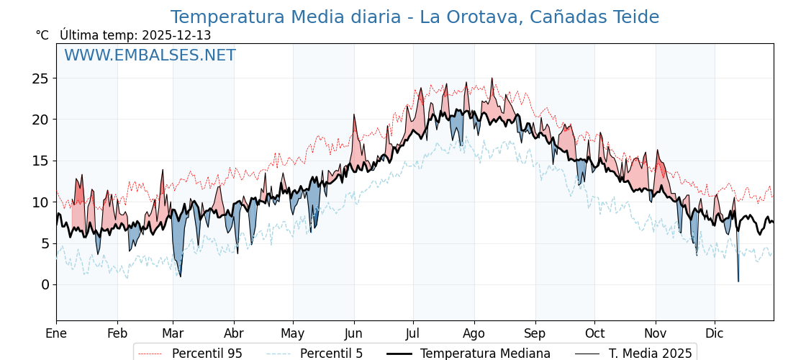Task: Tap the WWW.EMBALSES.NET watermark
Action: click(150, 55)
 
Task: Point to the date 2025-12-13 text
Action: click(176, 35)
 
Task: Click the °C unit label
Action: click(42, 35)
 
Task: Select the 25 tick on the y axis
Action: click(40, 78)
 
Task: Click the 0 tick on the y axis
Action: click(45, 284)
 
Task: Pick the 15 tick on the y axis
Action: click(40, 161)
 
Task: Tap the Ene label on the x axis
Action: click(56, 333)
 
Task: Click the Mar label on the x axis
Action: click(173, 333)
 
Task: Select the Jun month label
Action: click(353, 333)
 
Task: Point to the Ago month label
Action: click(474, 333)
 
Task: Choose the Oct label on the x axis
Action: click(594, 333)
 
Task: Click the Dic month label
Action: click(715, 333)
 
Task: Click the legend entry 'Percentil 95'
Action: click(207, 354)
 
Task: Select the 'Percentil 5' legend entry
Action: click(331, 354)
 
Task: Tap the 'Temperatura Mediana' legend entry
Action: click(485, 354)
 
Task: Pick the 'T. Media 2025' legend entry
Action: click(650, 354)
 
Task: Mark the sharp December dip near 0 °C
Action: click(738, 281)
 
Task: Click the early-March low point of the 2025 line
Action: click(180, 276)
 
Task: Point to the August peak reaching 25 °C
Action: click(492, 78)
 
